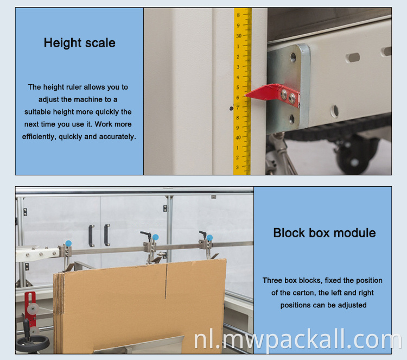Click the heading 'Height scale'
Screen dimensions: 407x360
click(x=79, y=43)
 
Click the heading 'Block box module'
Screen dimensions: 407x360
click(x=325, y=233)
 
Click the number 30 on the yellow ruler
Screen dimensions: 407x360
click(x=239, y=36)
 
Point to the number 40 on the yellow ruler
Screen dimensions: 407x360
click(x=238, y=137)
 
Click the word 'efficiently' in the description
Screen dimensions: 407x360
click(x=39, y=137)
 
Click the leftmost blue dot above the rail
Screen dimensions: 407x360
click(x=68, y=243)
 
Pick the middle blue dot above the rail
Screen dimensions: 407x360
click(x=156, y=237)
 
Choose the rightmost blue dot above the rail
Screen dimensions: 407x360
click(x=209, y=238)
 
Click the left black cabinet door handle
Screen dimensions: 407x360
click(x=91, y=236)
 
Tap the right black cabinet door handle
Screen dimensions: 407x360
click(x=107, y=235)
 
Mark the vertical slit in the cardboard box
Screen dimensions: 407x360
click(x=166, y=281)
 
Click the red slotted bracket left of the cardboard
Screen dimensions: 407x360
click(x=30, y=309)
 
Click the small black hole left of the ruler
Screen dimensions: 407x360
click(x=231, y=108)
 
